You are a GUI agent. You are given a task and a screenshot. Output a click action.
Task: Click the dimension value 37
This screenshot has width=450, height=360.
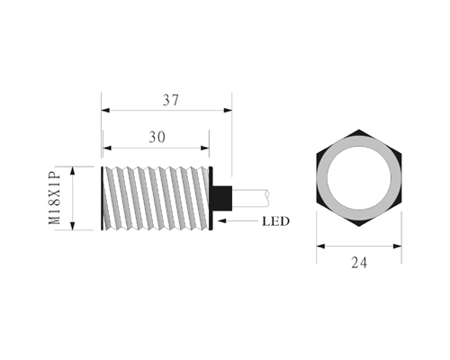point(171,100)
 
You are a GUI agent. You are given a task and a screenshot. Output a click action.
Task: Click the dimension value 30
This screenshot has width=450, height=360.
point(157,138)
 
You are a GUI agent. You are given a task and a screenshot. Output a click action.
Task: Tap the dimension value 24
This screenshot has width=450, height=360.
point(359,263)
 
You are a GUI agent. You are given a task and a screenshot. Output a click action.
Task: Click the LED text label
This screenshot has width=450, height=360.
point(275,221)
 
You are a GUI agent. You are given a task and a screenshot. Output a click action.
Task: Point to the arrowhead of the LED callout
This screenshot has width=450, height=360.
point(222,221)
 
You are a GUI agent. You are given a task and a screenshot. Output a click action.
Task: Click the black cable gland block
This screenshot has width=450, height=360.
point(222,198)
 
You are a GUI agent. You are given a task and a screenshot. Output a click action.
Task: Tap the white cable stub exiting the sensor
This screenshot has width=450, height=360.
point(250,198)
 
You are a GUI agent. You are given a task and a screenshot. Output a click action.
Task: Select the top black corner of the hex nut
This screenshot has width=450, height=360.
point(359,132)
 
